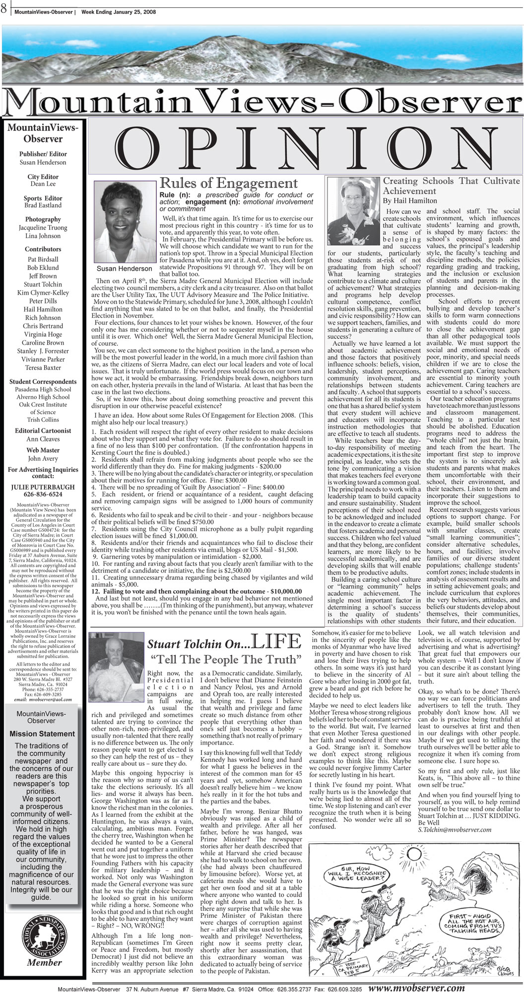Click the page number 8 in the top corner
click(x=4, y=6)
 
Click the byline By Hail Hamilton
click(x=417, y=200)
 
